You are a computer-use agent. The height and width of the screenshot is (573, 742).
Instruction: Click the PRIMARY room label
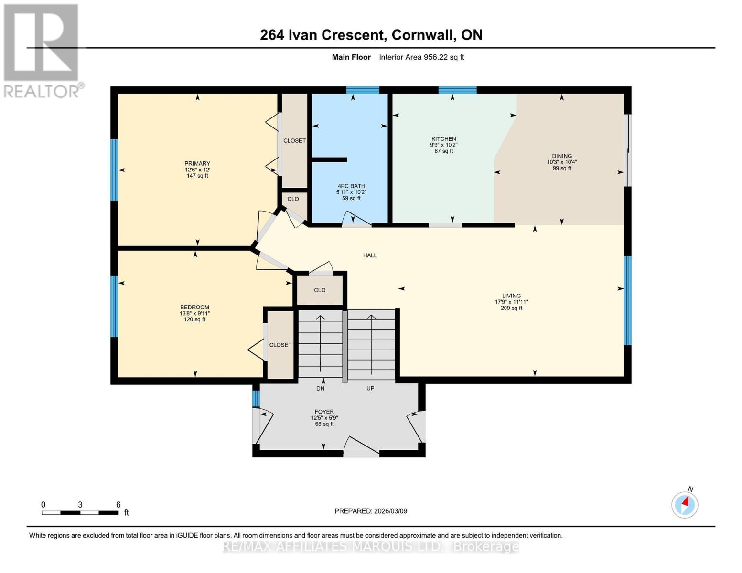[x=197, y=164]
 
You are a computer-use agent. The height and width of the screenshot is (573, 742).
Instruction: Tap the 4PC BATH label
[x=351, y=186]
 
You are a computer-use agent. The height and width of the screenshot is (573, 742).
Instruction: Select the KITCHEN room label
[x=443, y=139]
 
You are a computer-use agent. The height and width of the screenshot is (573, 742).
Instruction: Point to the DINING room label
[x=562, y=156]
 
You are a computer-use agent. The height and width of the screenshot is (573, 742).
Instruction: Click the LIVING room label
[x=511, y=296]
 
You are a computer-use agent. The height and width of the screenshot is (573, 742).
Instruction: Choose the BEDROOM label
[x=194, y=307]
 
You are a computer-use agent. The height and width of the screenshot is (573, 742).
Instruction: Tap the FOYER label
[x=324, y=412]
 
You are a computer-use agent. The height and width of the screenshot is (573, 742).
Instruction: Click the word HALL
[x=370, y=255]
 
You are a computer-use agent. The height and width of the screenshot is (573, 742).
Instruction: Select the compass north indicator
[x=685, y=504]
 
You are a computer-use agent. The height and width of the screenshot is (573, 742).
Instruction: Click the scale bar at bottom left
[x=80, y=513]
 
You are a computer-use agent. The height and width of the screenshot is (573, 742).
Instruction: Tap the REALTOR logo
[x=42, y=50]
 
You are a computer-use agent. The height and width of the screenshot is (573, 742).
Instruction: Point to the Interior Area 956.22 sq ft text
[x=421, y=57]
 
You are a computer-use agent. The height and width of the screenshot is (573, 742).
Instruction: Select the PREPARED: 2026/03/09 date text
[x=371, y=511]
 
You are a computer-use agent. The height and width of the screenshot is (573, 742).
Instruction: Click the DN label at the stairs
[x=320, y=388]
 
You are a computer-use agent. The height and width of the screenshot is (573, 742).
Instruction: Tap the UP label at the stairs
[x=370, y=388]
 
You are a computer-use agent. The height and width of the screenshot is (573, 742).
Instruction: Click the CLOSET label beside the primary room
[x=294, y=141]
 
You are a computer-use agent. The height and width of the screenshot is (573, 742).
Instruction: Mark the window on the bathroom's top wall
[x=363, y=90]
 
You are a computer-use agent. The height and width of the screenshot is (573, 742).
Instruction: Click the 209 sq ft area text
[x=511, y=308]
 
